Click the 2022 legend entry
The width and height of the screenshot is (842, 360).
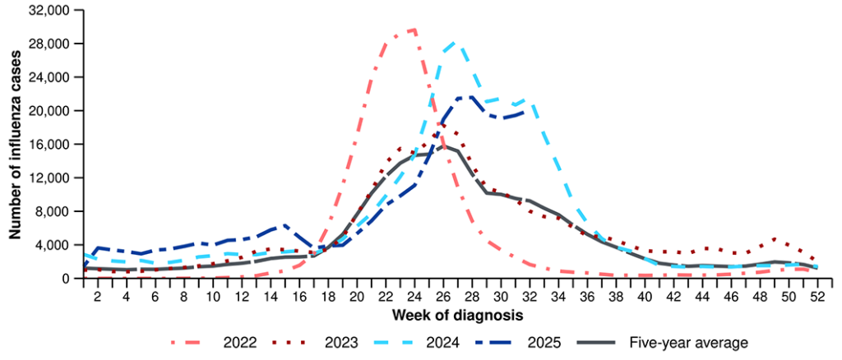218,341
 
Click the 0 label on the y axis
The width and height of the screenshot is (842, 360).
69,279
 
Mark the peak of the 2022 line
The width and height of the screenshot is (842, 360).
413,30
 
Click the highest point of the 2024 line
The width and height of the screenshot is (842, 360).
456,41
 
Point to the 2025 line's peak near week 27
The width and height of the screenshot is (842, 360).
470,97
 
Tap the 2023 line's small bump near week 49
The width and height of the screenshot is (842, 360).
773,239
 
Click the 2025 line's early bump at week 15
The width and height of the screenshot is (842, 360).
285,224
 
